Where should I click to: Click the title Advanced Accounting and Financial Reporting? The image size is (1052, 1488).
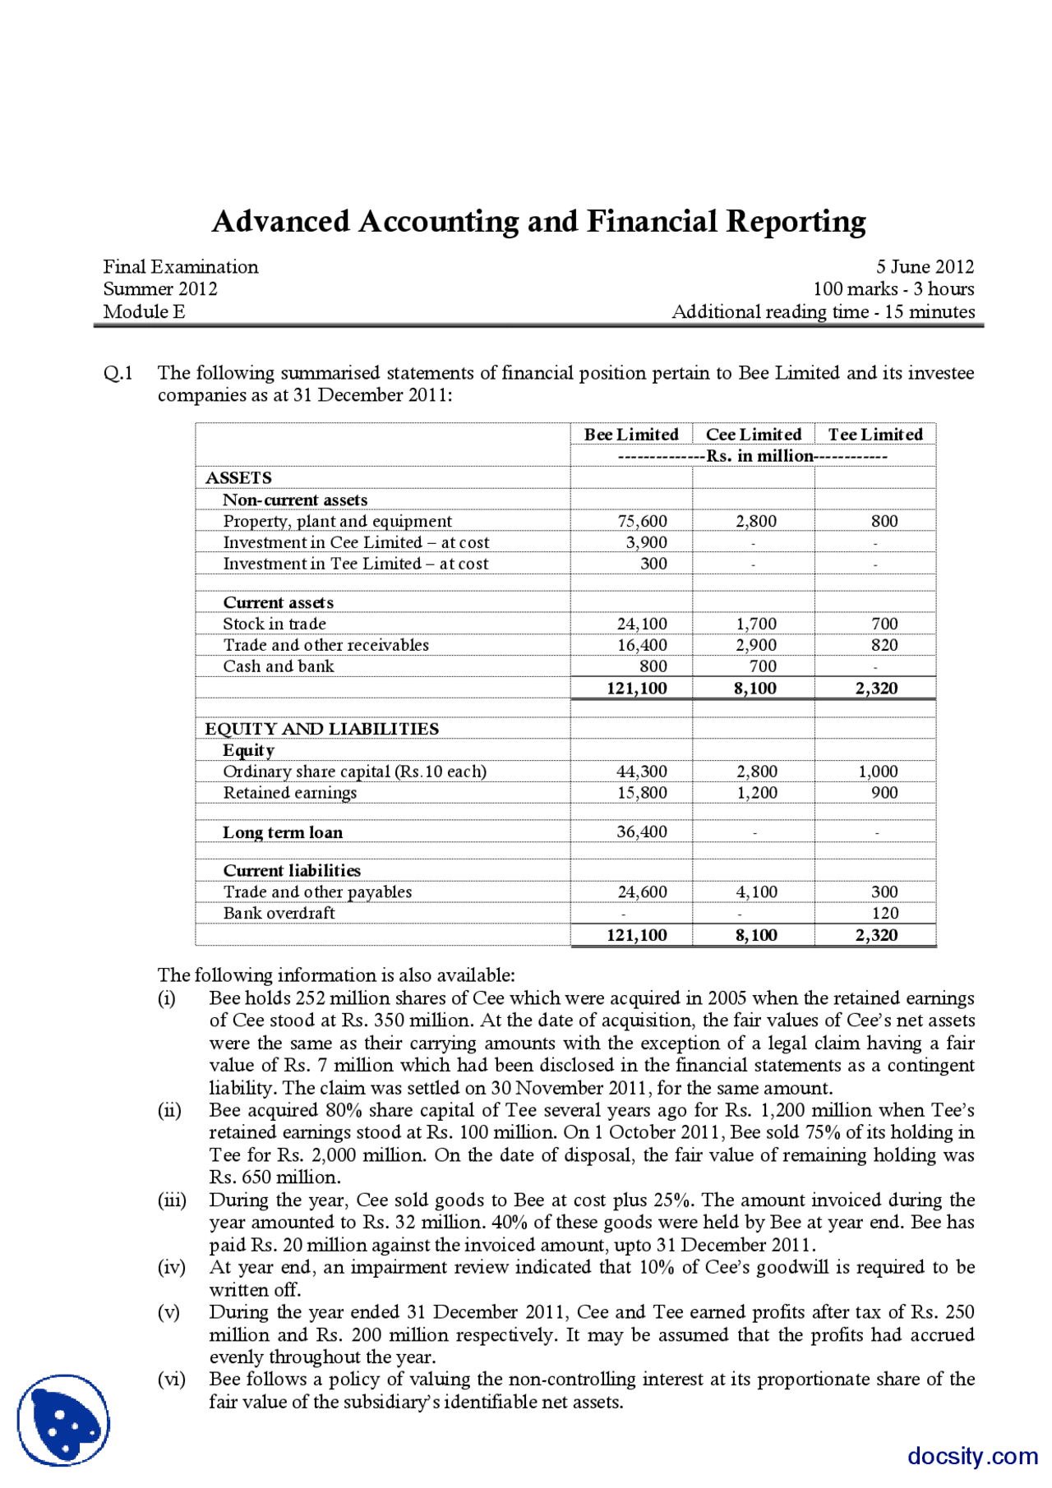point(538,222)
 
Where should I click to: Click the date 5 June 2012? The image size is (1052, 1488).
point(924,267)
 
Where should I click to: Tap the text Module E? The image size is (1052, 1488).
point(144,311)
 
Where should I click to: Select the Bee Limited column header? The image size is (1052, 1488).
point(631,434)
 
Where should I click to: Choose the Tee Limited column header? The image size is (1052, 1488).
point(874,434)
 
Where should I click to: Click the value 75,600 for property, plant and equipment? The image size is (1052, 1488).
point(642,521)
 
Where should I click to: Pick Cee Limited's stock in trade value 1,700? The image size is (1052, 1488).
point(756,624)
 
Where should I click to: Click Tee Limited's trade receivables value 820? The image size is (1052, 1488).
point(884,645)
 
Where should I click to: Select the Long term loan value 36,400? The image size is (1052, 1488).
point(642,832)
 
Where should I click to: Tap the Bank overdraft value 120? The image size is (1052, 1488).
point(885,913)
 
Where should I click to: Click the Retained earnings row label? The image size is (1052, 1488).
point(289,793)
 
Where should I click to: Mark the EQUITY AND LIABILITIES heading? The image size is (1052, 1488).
point(321,729)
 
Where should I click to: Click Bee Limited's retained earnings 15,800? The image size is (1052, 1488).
point(642,793)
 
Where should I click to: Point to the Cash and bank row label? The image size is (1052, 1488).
point(279,666)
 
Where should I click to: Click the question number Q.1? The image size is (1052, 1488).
point(118,373)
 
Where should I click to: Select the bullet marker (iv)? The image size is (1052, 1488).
point(171,1267)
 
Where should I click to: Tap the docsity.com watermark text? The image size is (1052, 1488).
point(972,1455)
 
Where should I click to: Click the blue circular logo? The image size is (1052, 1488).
point(63,1420)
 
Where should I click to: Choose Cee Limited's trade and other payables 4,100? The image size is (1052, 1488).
point(756,891)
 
